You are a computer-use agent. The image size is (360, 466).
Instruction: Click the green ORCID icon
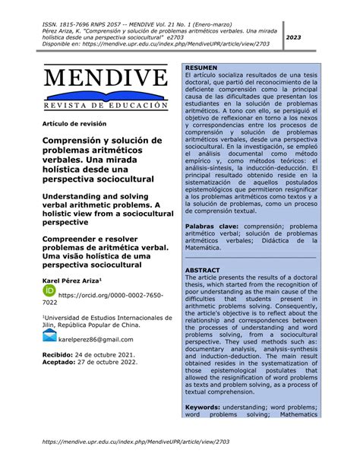[49, 292]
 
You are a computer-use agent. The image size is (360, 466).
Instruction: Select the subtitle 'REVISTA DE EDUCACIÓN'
[106, 105]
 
